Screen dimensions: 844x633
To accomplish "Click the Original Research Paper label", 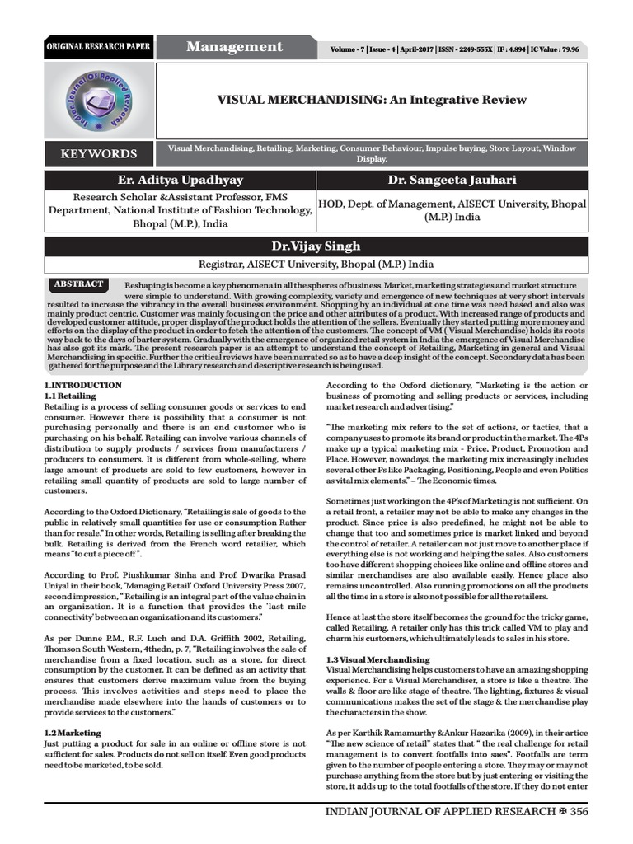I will [98, 47].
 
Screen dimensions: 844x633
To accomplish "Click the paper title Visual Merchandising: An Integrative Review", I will [371, 100].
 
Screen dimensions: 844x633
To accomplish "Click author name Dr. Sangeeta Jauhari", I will [452, 180].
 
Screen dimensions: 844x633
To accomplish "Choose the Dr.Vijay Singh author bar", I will [316, 246].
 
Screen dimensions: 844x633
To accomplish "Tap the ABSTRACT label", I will [78, 284].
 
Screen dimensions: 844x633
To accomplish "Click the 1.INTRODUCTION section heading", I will [82, 386].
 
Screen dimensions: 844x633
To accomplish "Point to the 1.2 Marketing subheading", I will [72, 732].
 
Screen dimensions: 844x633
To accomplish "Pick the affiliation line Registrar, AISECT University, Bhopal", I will [316, 265].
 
